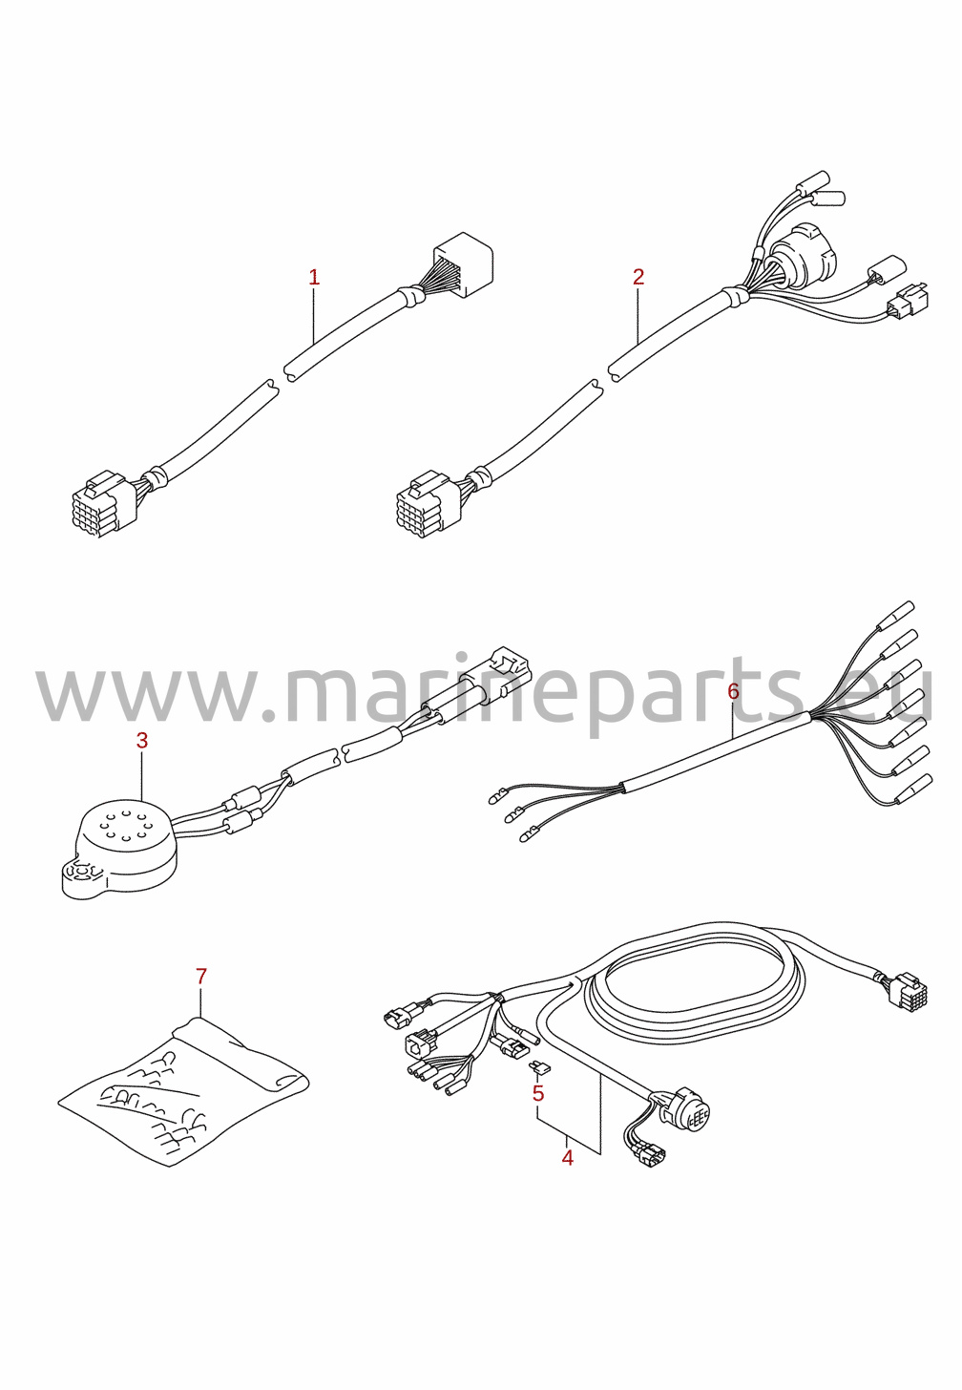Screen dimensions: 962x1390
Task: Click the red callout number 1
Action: coord(314,278)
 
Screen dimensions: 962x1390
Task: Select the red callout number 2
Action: coord(638,277)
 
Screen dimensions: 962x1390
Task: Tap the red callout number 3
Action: coord(142,740)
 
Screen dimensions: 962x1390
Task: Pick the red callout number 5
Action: coord(537,1093)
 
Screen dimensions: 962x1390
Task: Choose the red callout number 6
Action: coord(733,690)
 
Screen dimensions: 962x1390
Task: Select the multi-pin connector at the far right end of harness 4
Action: coord(907,991)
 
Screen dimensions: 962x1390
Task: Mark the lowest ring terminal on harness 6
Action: coord(529,840)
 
